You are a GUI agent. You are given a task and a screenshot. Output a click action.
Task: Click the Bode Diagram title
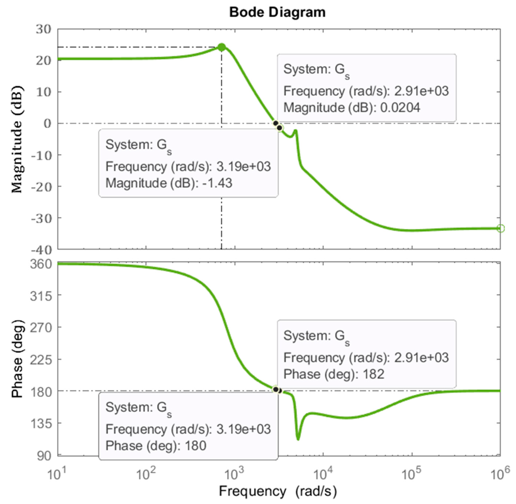click(277, 12)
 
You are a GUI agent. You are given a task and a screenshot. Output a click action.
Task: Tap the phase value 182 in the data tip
click(373, 374)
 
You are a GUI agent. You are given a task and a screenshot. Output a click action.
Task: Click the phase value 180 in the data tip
click(195, 446)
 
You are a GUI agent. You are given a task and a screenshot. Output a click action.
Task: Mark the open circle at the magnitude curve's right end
click(500, 228)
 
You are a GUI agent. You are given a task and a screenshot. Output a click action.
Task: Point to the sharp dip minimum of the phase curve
click(298, 439)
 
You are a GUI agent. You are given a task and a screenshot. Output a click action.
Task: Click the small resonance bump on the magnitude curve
click(295, 130)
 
